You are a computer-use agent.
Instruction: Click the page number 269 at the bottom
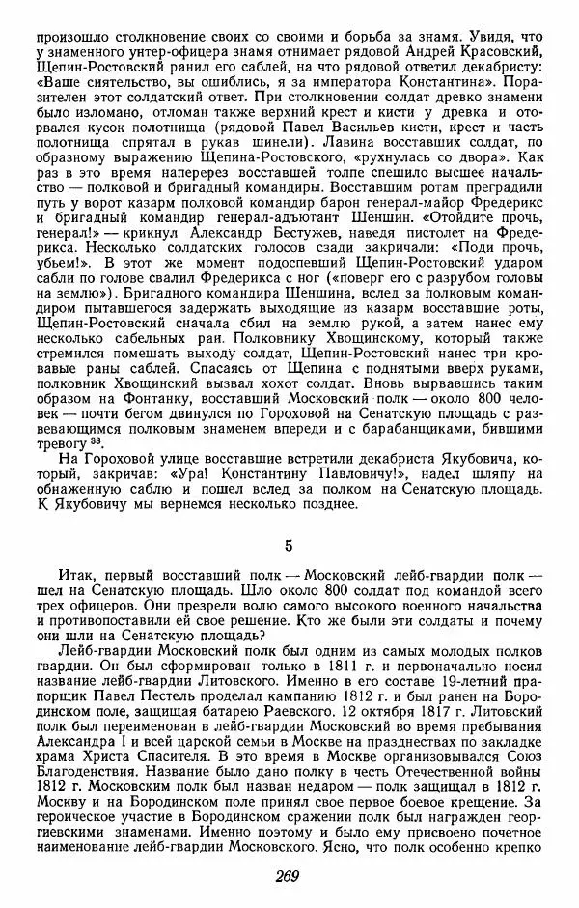tap(289, 877)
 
